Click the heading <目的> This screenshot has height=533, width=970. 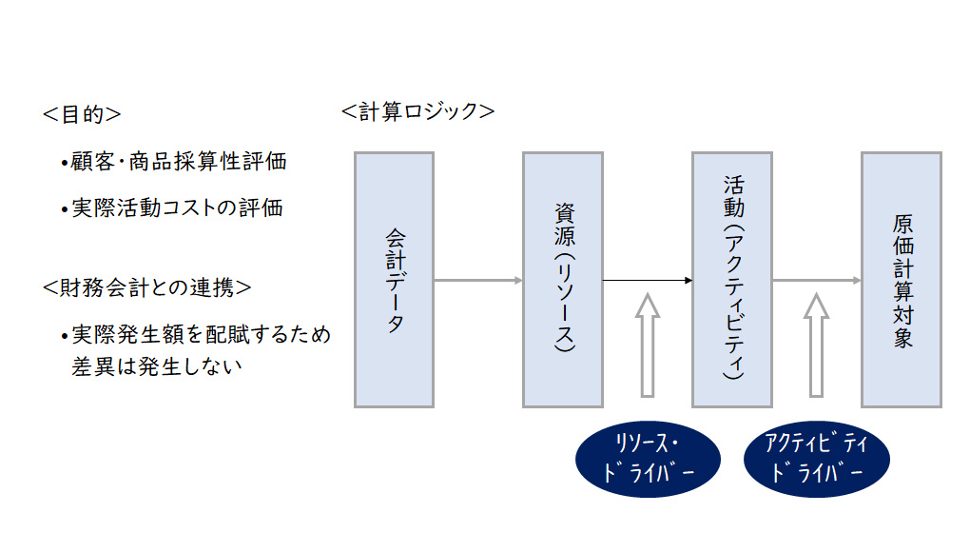tap(82, 114)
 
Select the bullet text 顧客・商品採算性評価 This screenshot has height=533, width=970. tap(179, 162)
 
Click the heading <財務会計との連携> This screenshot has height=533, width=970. tap(147, 286)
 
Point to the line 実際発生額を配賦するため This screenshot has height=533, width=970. tap(200, 335)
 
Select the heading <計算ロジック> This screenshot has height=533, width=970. tap(418, 111)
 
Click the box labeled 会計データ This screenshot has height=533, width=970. tap(394, 280)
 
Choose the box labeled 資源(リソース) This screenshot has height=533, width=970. tap(563, 280)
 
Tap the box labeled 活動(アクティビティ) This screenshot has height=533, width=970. tap(732, 280)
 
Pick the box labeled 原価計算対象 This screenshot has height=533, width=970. tap(902, 280)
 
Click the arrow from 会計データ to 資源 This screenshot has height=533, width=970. tap(478, 281)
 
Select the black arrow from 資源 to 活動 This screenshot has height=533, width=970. tap(648, 281)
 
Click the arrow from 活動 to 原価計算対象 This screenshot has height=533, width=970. tap(817, 281)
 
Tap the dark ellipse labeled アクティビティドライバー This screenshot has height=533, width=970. tap(817, 460)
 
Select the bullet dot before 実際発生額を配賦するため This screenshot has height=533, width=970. tap(64, 337)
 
